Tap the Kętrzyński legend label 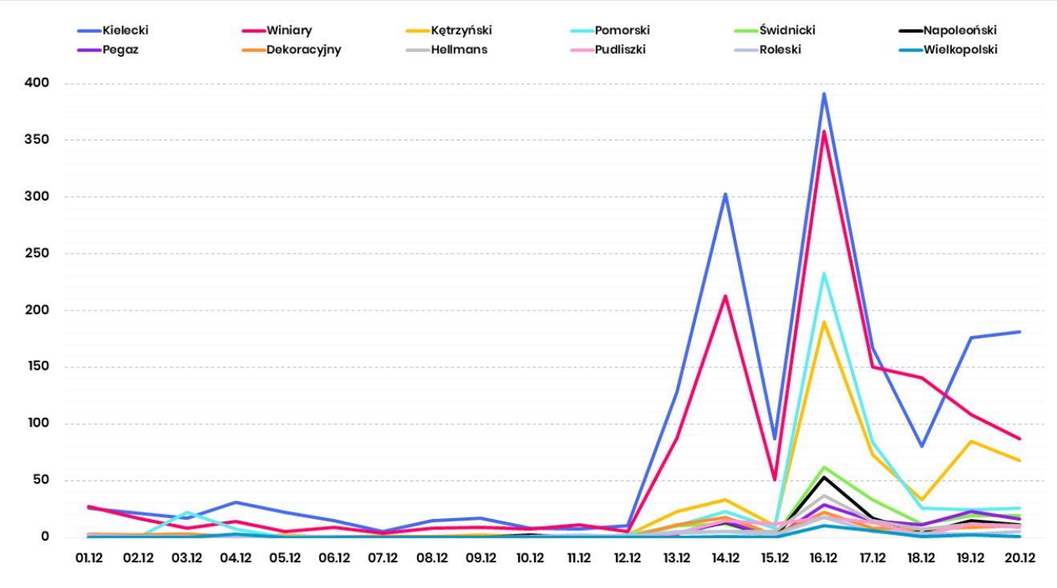click(460, 30)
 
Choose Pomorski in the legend click(622, 30)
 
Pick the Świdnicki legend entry click(787, 30)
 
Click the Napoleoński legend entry click(959, 30)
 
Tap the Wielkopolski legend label click(960, 50)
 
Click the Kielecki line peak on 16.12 click(824, 94)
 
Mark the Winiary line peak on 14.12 click(726, 296)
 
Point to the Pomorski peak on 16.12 click(824, 274)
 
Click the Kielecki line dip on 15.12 click(775, 439)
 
